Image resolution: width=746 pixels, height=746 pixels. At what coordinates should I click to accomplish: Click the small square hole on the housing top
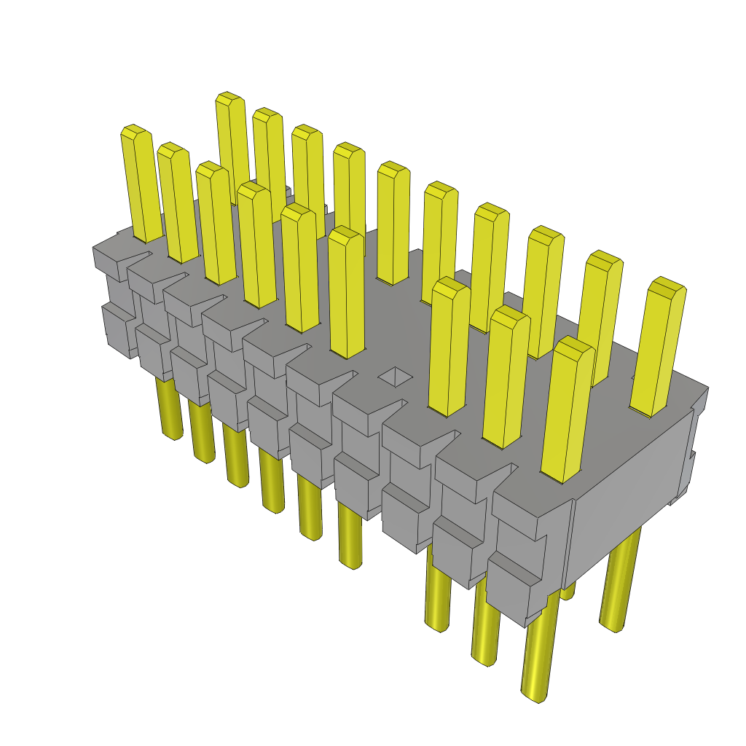pyautogui.click(x=395, y=377)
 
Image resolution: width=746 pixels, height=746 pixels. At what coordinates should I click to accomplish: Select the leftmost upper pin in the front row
pyautogui.click(x=141, y=186)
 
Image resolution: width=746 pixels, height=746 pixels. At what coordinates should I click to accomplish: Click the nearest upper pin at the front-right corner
pyautogui.click(x=566, y=412)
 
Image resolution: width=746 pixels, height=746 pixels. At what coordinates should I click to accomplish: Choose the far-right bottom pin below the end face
pyautogui.click(x=619, y=583)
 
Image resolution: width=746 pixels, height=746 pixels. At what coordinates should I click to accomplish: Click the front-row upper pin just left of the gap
pyautogui.click(x=346, y=295)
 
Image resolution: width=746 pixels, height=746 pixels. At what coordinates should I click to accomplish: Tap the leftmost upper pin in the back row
pyautogui.click(x=233, y=146)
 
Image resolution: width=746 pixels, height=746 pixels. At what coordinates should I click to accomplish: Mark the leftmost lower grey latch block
pyautogui.click(x=117, y=328)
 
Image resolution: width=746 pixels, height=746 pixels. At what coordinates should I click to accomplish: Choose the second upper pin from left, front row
pyautogui.click(x=177, y=204)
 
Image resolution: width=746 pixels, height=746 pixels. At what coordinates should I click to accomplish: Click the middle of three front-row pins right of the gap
pyautogui.click(x=506, y=379)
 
